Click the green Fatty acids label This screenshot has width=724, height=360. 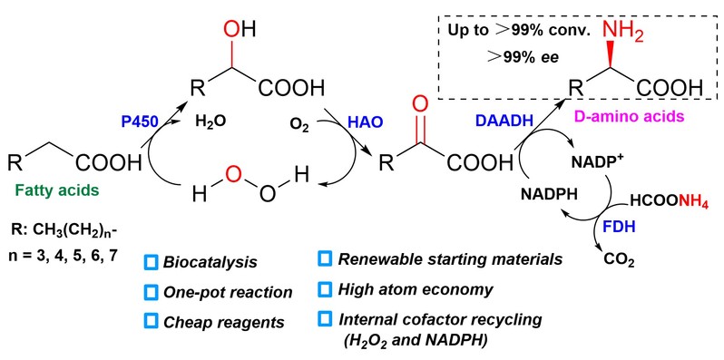[57, 190]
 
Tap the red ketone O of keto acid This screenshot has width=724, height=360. [419, 104]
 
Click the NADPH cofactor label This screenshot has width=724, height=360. [550, 194]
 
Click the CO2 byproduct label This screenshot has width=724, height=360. [619, 262]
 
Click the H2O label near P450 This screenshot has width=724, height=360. [210, 122]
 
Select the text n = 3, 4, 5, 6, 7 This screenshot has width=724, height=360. [58, 256]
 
